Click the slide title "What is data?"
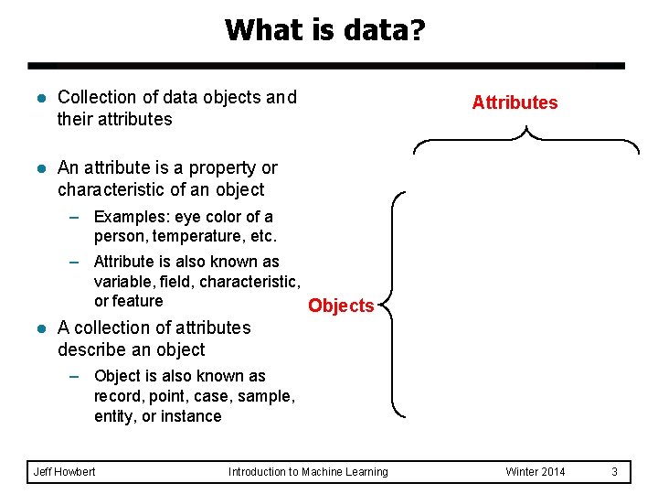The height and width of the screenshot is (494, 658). [x=324, y=29]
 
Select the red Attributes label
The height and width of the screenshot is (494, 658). [x=515, y=102]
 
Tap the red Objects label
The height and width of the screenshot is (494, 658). [x=341, y=306]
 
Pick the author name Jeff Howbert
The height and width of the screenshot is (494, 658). [x=64, y=472]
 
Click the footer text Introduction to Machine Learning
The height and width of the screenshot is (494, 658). [x=308, y=472]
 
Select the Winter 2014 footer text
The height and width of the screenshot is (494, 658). [x=536, y=472]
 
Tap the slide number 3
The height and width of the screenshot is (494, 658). [x=615, y=472]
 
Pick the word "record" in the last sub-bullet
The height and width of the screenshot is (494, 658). [x=117, y=396]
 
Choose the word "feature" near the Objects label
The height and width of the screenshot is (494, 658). [x=138, y=301]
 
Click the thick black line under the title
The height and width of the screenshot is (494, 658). [x=325, y=67]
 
